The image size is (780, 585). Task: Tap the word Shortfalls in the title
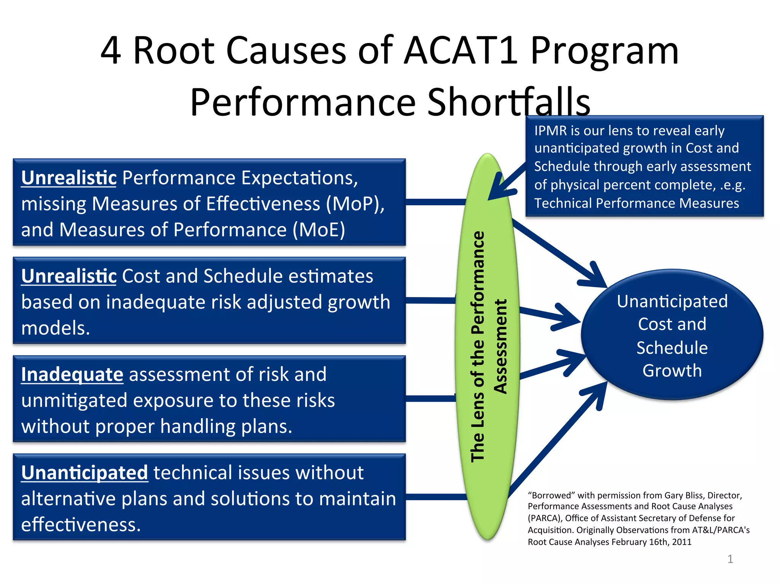pos(508,102)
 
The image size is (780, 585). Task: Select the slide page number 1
pos(730,559)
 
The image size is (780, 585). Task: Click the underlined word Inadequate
pos(72,374)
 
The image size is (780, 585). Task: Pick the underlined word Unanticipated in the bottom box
pos(84,473)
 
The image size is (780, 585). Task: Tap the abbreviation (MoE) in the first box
pos(319,230)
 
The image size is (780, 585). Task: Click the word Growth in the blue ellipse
pos(672,371)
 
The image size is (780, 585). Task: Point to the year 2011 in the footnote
pos(681,542)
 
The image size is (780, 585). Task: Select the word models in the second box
pos(55,328)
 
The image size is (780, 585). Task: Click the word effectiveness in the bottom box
pos(80,524)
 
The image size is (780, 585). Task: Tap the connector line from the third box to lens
pos(430,398)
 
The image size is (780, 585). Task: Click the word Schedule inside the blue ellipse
pos(672,348)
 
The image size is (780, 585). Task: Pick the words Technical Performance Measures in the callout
pos(636,203)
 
